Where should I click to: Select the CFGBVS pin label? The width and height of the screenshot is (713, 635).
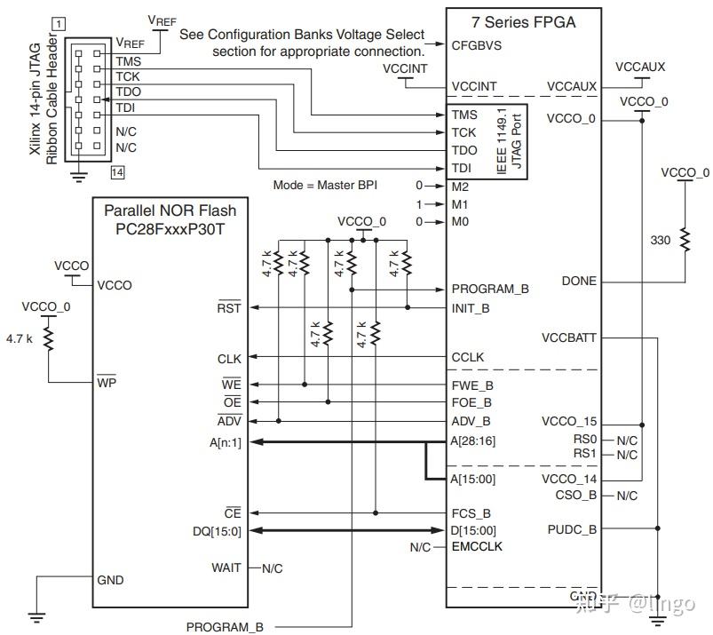(476, 44)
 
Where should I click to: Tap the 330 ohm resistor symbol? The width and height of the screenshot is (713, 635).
(685, 239)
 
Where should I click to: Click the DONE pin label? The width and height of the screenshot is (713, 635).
(579, 282)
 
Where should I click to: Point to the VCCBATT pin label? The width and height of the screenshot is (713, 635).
(568, 338)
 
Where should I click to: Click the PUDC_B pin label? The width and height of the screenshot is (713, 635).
(572, 529)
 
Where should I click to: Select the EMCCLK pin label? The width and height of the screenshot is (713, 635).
(476, 547)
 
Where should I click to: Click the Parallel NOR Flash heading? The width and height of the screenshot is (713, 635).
(170, 210)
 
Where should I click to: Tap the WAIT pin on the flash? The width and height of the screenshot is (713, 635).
(226, 568)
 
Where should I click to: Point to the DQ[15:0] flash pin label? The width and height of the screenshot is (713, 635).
(217, 531)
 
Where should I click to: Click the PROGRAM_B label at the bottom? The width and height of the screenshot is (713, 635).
(225, 627)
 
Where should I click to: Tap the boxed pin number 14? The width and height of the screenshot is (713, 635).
(116, 171)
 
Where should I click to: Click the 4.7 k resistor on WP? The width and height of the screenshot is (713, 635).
(49, 338)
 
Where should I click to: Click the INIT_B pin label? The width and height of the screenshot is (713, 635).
(471, 308)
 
